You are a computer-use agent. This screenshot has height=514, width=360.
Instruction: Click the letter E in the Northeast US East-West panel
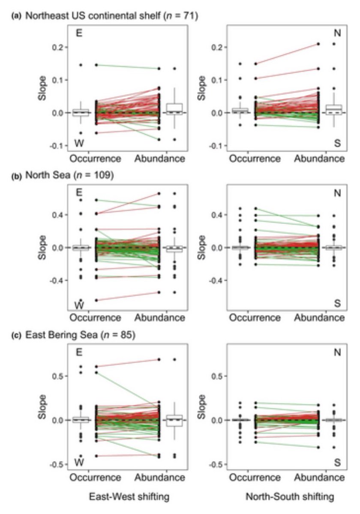pos(79,33)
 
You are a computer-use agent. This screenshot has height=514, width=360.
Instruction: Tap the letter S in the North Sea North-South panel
pos(337,303)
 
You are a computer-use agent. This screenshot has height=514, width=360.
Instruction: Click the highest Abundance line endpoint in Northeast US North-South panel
pos(318,44)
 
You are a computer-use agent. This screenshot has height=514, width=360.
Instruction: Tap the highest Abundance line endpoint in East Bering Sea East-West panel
pos(159,359)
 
